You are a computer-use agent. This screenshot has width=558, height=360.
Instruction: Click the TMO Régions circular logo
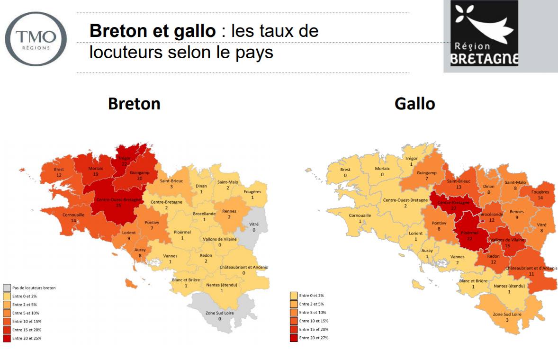pos(36,38)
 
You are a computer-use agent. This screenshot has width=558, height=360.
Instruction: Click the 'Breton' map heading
pos(134,104)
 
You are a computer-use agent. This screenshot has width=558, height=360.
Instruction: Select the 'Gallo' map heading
pos(414,104)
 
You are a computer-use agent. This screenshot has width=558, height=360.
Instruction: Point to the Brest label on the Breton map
pos(59,169)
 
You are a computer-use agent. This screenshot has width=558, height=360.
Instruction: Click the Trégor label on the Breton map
pos(124,158)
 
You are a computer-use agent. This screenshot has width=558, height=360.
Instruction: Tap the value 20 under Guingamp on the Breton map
pos(139,179)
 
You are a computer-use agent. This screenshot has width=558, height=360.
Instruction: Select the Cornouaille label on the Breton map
pos(73,215)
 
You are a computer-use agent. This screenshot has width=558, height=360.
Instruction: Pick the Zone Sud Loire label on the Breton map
pos(219,313)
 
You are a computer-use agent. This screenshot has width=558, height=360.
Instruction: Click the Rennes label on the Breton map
pos(232,211)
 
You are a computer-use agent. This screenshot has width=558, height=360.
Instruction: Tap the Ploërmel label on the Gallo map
pos(470,233)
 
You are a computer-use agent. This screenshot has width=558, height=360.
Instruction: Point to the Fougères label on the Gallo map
pos(540,192)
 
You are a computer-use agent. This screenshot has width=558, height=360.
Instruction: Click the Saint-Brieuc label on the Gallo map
pos(459,181)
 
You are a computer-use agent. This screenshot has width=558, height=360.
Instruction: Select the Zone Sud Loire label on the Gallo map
pos(507,314)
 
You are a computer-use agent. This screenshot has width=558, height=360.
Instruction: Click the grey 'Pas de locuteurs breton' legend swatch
pos(7,288)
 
